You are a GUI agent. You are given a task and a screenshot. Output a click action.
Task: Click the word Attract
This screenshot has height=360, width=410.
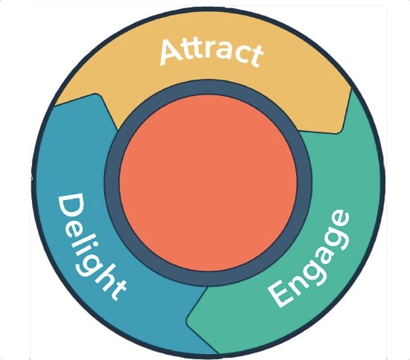tap(211, 52)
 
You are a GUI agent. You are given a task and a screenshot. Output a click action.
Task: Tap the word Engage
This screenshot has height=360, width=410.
tap(309, 258)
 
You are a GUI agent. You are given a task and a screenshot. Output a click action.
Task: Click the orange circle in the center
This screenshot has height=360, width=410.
tap(208, 183)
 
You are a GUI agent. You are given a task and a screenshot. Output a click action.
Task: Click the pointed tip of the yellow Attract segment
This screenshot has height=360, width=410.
tap(337, 133)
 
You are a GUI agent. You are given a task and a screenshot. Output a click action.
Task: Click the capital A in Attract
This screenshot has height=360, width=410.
tap(171, 52)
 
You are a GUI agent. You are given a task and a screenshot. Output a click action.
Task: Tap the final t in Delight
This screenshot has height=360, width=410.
tap(117, 291)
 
